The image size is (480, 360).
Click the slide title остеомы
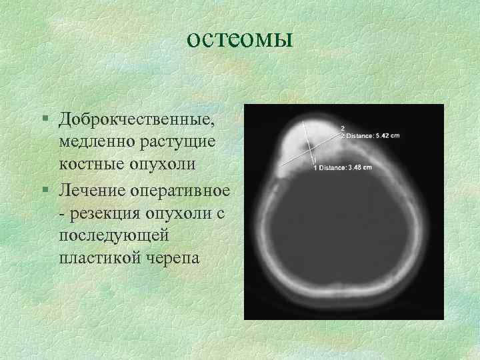(239, 39)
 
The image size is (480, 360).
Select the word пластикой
(95, 257)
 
